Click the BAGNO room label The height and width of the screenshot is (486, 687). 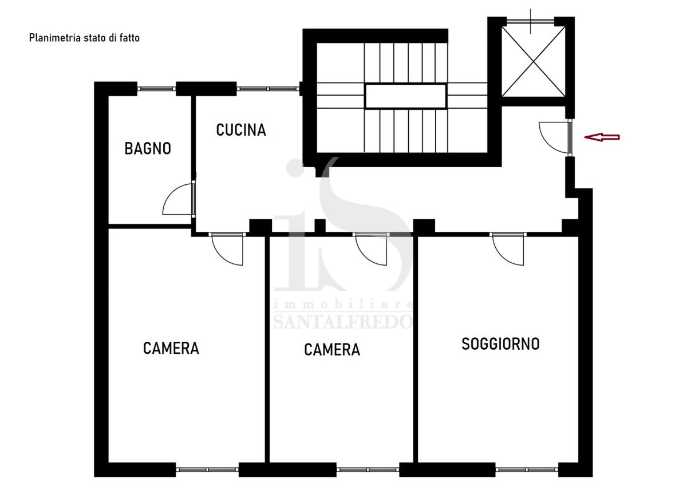pyautogui.click(x=148, y=148)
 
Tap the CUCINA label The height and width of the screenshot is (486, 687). pyautogui.click(x=241, y=130)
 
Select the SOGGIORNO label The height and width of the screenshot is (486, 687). pyautogui.click(x=500, y=343)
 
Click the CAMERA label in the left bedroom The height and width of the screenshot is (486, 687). pyautogui.click(x=171, y=348)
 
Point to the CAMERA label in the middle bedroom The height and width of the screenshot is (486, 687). pyautogui.click(x=332, y=350)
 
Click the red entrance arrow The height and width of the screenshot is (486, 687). pyautogui.click(x=602, y=137)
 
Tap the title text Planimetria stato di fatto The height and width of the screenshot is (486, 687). pyautogui.click(x=84, y=38)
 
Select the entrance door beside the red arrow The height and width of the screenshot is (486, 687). pyautogui.click(x=555, y=136)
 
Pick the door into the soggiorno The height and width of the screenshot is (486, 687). pyautogui.click(x=508, y=249)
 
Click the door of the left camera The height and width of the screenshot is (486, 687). pyautogui.click(x=227, y=249)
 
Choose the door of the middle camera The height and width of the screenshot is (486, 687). pyautogui.click(x=371, y=249)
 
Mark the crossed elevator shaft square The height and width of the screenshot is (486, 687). pyautogui.click(x=534, y=62)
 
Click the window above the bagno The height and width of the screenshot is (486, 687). pyautogui.click(x=156, y=89)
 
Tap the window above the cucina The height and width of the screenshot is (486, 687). pyautogui.click(x=268, y=89)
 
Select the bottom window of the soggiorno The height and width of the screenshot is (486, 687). pyautogui.click(x=527, y=469)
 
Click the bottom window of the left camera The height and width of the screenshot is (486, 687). pyautogui.click(x=207, y=469)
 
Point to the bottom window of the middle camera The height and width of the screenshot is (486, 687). pyautogui.click(x=368, y=469)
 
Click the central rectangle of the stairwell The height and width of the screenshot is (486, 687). pyautogui.click(x=405, y=96)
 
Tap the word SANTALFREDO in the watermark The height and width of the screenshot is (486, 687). pyautogui.click(x=343, y=322)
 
